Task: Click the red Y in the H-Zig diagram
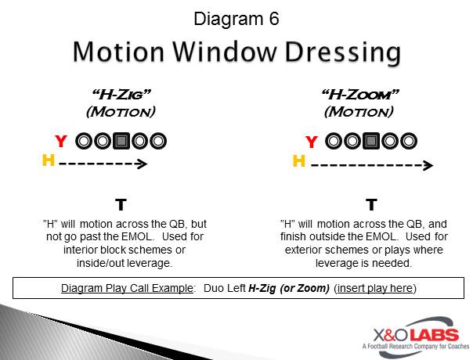[x=61, y=141]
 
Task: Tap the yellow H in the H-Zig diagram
[x=49, y=160]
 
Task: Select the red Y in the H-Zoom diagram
[x=312, y=142]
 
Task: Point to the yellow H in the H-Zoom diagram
[x=299, y=161]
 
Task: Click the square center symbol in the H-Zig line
[x=121, y=141]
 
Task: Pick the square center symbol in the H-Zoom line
[x=371, y=141]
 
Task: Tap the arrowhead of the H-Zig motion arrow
[x=143, y=164]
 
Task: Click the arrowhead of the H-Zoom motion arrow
[x=428, y=165]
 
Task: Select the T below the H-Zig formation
[x=121, y=205]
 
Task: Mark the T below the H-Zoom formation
[x=371, y=205]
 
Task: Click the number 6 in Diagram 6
[x=274, y=19]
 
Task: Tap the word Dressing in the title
[x=343, y=52]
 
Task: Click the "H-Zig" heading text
[x=121, y=95]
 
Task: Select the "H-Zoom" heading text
[x=360, y=95]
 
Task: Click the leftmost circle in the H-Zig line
[x=84, y=141]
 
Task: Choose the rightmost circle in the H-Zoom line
[x=409, y=141]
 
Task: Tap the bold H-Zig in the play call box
[x=262, y=288]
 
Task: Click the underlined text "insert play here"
[x=375, y=288]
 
